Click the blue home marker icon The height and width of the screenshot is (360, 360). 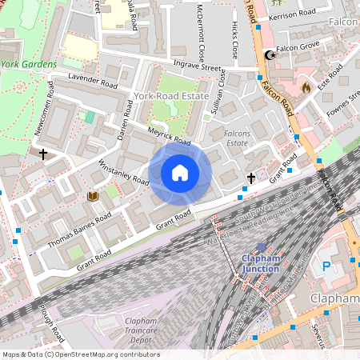[x=180, y=173]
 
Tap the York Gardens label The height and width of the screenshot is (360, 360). [x=29, y=64]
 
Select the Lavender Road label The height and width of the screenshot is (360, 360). [x=93, y=82]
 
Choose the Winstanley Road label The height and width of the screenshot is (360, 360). [x=123, y=173]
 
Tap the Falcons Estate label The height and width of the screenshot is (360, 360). [x=237, y=138]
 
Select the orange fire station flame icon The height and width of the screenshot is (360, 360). [x=306, y=87]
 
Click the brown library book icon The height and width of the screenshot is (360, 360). [x=92, y=196]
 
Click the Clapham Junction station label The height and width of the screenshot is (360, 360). [x=261, y=263]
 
